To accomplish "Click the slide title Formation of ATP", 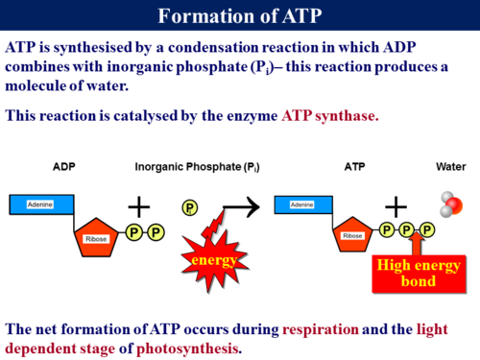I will click(240, 16).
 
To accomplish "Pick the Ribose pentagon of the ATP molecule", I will click(351, 235).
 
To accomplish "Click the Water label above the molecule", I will click(450, 167).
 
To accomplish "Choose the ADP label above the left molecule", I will click(65, 167).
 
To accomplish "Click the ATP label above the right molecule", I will click(354, 167).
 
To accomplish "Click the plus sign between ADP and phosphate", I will click(140, 205).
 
